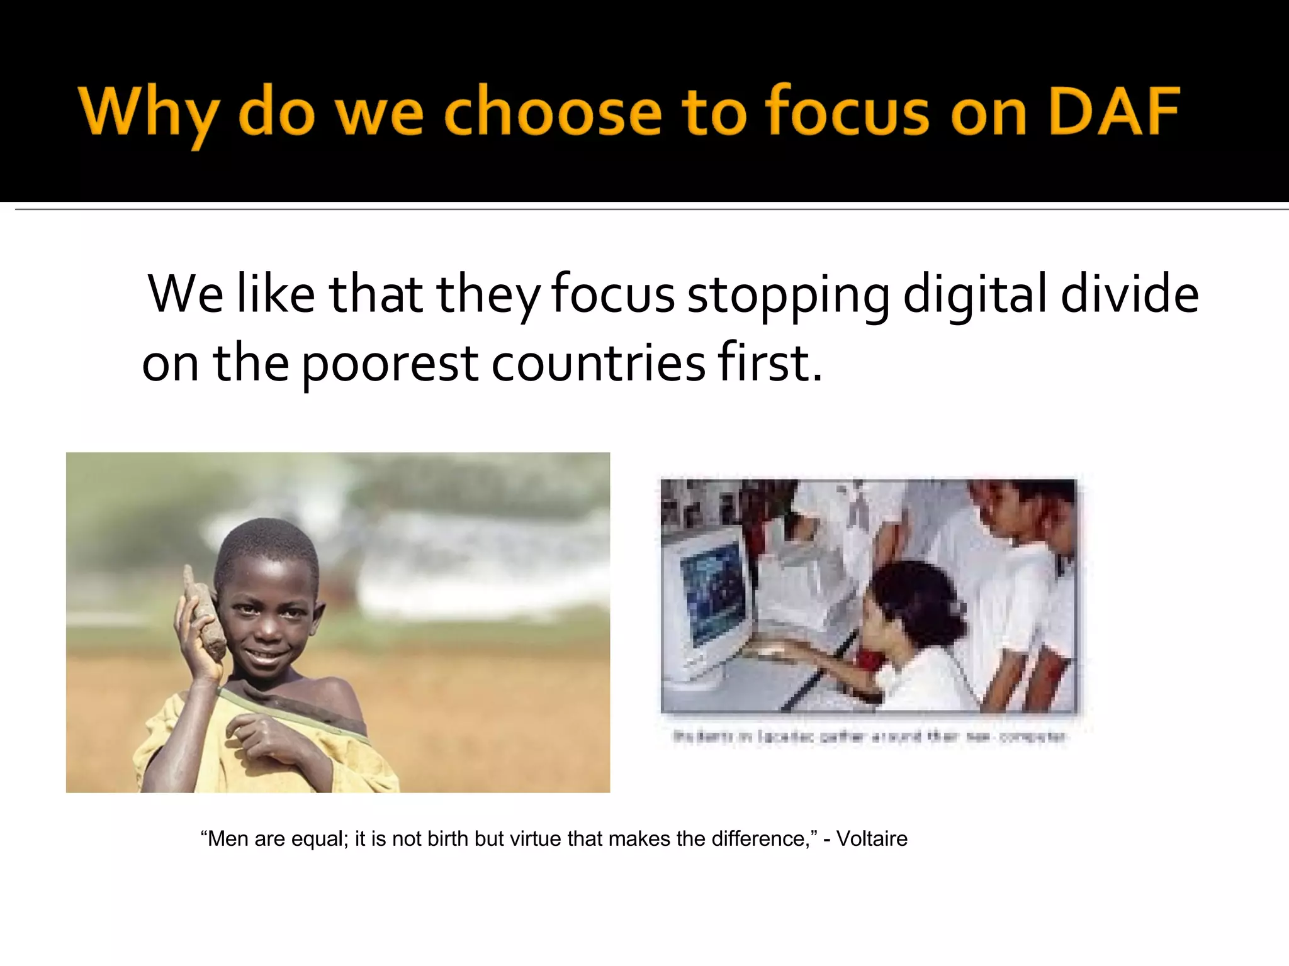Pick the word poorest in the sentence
[x=390, y=365]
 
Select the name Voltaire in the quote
[x=872, y=839]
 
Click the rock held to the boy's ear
[x=205, y=613]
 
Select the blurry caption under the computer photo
[x=870, y=736]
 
